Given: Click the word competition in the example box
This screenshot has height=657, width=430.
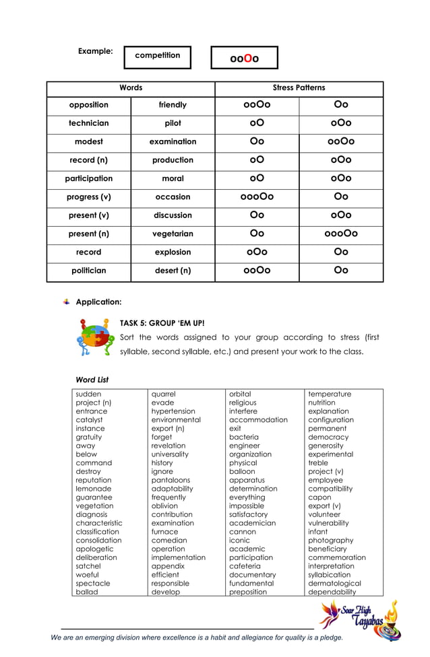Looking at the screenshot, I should click(157, 56).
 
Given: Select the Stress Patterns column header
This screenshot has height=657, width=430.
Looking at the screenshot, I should click(299, 88).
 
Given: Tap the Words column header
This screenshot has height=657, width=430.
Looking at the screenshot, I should click(131, 88).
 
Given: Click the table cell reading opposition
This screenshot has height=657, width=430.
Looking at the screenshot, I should click(88, 105).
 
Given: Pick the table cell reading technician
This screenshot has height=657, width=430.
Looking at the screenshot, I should click(88, 123).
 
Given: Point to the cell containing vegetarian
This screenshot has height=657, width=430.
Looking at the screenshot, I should click(173, 234).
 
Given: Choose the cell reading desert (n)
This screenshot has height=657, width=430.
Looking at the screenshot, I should click(173, 271).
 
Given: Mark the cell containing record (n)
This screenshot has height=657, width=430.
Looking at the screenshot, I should click(88, 160).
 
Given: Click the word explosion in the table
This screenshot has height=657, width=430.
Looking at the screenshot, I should click(173, 252).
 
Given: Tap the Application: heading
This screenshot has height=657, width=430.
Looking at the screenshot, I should click(98, 302).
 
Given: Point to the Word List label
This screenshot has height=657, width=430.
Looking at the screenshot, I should click(92, 380).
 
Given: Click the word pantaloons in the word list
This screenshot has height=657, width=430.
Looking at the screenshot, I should click(171, 480).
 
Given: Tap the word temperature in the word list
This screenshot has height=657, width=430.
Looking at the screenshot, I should click(330, 394).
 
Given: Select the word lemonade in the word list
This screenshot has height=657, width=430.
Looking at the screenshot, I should click(94, 489).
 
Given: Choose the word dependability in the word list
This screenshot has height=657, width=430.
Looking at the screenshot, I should click(332, 592).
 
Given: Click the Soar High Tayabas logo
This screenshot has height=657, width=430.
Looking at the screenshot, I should click(360, 621).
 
